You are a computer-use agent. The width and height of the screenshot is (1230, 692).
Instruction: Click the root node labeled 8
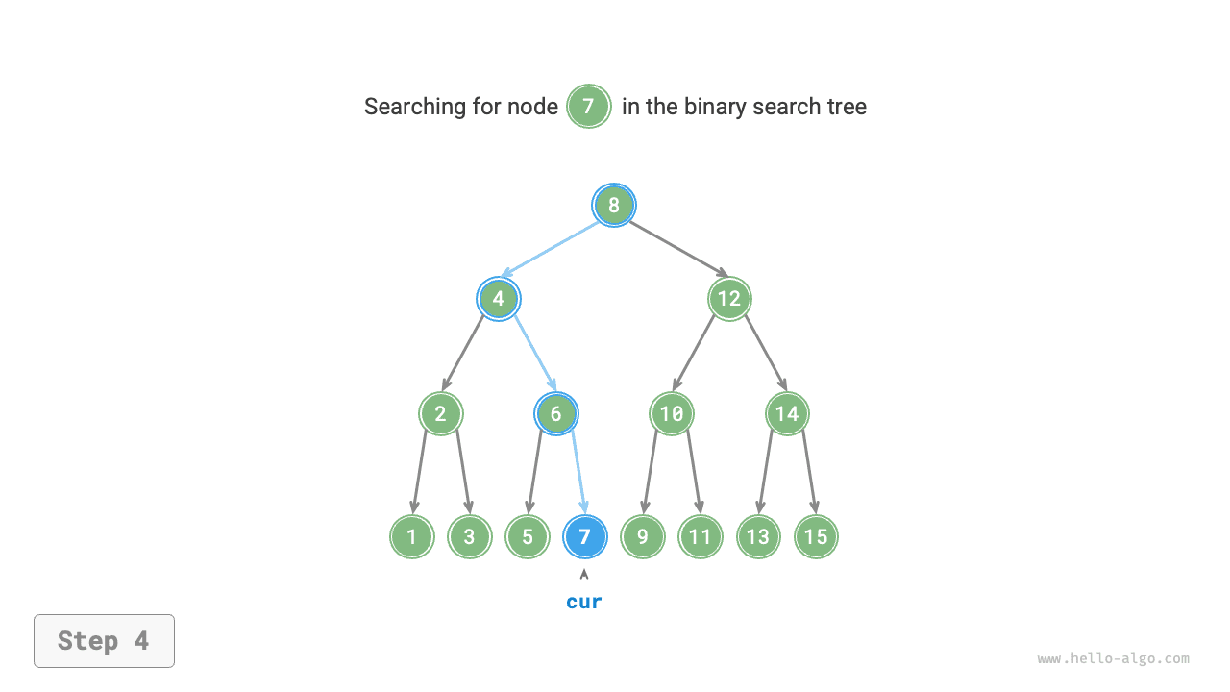coord(613,205)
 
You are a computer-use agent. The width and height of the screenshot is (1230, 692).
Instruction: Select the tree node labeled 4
coord(499,299)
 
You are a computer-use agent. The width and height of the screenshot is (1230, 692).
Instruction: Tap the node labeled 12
coord(729,299)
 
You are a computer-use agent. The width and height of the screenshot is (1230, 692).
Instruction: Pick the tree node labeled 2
coord(441,414)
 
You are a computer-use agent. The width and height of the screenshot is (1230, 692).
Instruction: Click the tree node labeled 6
coord(556,414)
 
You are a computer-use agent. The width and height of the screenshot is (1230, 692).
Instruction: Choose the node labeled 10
coord(672,414)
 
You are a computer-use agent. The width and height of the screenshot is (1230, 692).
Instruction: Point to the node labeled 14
coord(787,414)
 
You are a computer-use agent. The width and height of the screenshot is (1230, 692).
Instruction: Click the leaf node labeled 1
coord(412,536)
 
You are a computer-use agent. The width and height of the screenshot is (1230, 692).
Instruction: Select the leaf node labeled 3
coord(470,536)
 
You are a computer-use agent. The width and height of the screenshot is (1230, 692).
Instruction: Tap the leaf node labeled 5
coord(528,536)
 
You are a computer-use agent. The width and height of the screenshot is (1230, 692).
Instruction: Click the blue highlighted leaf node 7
coord(584,536)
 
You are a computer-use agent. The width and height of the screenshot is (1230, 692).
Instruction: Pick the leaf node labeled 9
coord(643,536)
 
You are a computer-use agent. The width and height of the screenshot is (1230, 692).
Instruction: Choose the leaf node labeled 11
coord(701,536)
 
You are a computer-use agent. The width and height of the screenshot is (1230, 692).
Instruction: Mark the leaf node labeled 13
coord(758,536)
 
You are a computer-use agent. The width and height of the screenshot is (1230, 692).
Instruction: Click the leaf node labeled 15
coord(816,536)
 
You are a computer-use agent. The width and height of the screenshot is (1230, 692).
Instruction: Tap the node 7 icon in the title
coord(589,107)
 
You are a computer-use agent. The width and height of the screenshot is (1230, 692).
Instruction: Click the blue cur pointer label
coord(584,602)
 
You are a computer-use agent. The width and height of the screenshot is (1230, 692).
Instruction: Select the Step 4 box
coord(104,641)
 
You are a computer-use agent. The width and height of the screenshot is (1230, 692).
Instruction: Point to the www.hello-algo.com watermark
coord(1113,659)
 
